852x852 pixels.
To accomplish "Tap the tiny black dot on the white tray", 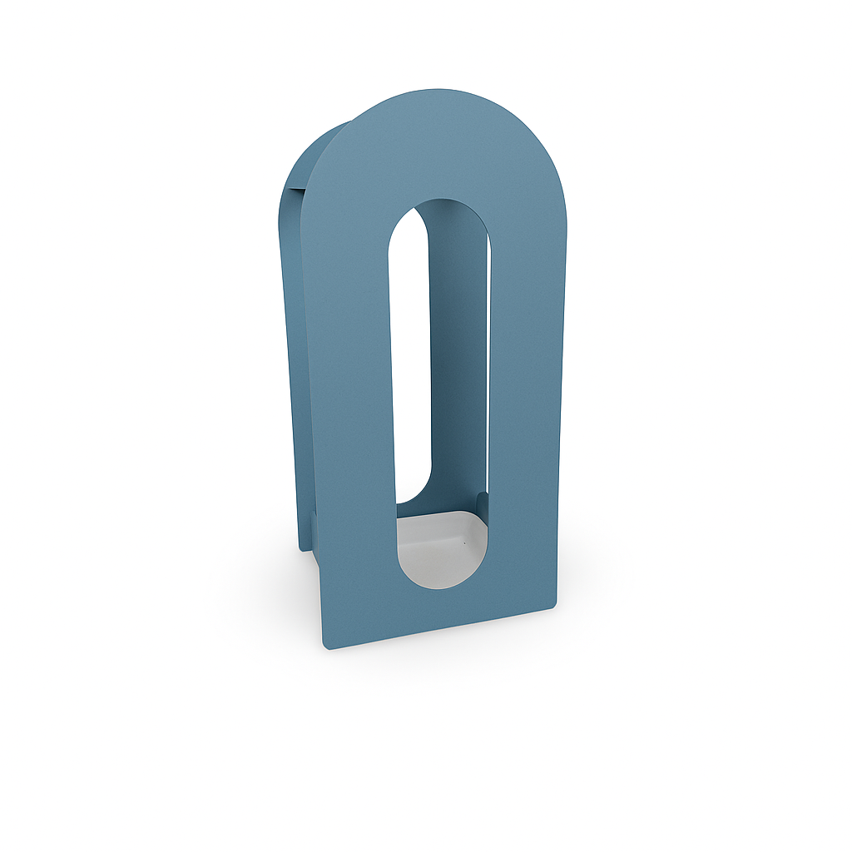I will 464,542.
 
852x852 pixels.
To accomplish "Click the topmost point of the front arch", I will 449,90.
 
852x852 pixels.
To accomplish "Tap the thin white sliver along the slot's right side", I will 488,374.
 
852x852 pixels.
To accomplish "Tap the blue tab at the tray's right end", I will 483,504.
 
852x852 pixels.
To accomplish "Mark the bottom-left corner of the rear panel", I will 302,547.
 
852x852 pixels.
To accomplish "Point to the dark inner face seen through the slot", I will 458,349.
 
